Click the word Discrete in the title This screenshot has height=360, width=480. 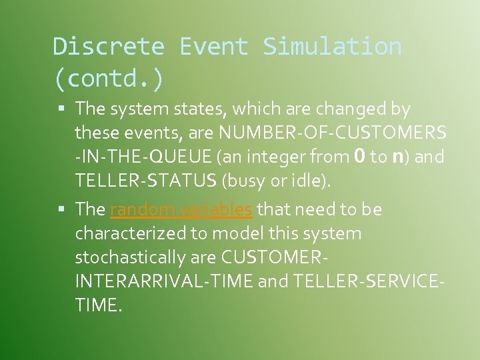pos(108,47)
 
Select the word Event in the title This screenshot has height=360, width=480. pos(213,47)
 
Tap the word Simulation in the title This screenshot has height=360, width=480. pos(332,47)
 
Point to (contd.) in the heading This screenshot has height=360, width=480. pos(108,78)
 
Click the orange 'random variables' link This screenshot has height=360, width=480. pos(181,209)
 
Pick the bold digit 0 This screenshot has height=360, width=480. pos(359,157)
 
